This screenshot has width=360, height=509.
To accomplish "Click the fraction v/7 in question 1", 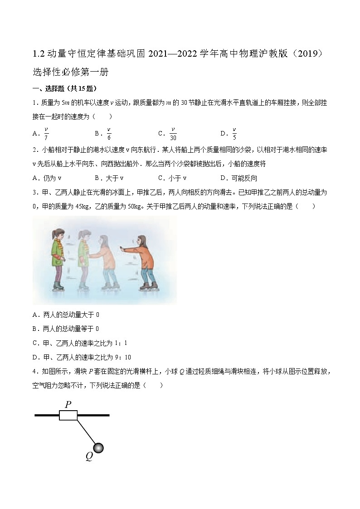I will coord(46,133).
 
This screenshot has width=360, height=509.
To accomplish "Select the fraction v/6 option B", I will coord(109,133).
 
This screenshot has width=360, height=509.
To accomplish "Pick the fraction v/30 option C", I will coord(173,133).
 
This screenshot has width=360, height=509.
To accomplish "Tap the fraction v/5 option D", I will coord(234,133).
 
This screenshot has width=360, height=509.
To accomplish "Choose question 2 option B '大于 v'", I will coord(114,178).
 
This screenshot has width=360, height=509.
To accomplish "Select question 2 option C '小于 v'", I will coord(177,178).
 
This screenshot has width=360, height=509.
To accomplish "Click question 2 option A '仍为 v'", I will coord(53,178).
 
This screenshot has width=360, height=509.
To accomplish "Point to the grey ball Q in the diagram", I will coord(98,448).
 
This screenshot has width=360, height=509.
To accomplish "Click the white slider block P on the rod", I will coord(68,415).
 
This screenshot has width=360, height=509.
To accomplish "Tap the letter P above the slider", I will coord(68,404).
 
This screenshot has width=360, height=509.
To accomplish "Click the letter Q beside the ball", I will coord(89,456).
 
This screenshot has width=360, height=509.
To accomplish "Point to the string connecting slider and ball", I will coord(86,431).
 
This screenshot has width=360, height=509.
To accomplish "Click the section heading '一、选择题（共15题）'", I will coord(64,89).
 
